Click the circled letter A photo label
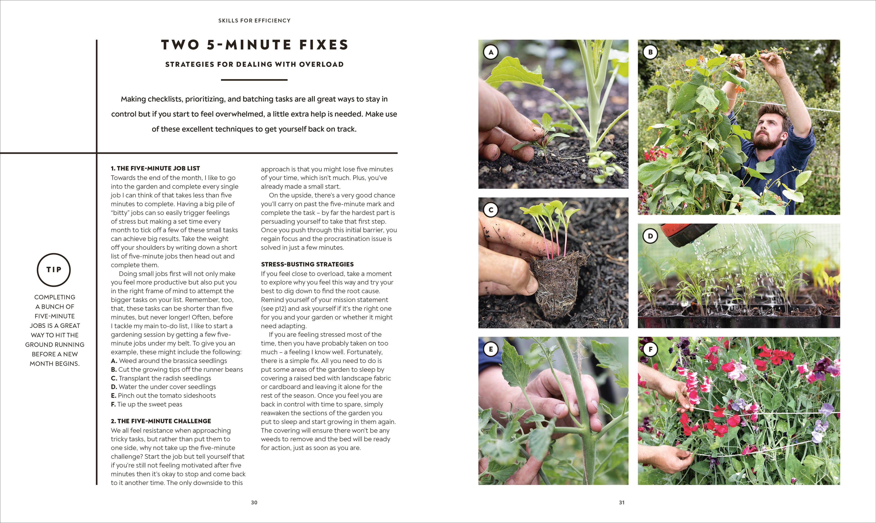click(x=490, y=52)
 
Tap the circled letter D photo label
click(x=650, y=236)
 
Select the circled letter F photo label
click(x=650, y=350)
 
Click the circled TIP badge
click(x=54, y=270)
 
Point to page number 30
click(x=254, y=502)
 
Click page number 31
click(x=622, y=502)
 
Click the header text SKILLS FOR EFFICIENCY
click(x=254, y=21)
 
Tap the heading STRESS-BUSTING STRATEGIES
click(x=307, y=264)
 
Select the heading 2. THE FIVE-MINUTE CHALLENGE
click(x=161, y=421)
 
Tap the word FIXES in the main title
click(x=324, y=45)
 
